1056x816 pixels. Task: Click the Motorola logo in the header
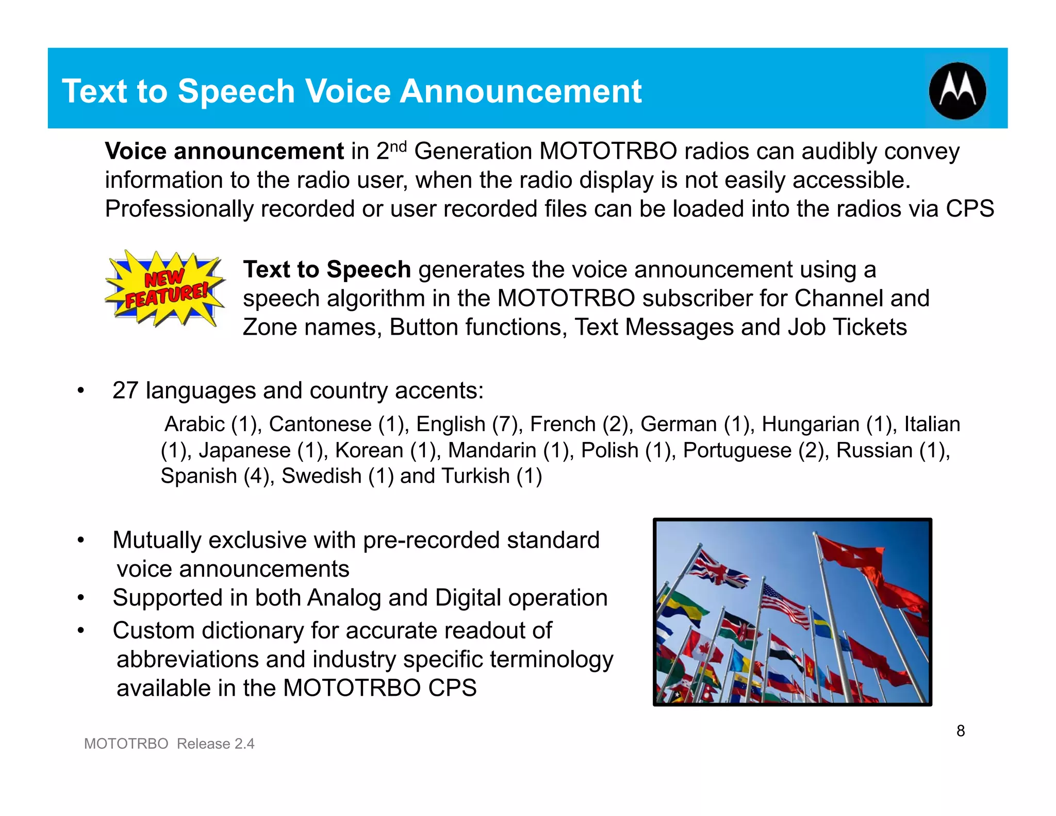(957, 91)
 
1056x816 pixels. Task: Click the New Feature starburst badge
(164, 289)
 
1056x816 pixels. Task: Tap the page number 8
(960, 730)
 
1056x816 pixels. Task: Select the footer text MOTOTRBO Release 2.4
(169, 743)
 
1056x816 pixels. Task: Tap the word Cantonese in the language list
(320, 424)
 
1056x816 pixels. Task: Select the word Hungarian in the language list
(810, 424)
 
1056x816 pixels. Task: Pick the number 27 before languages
(125, 390)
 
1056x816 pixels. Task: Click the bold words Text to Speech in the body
(327, 269)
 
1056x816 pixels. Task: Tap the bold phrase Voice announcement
(224, 151)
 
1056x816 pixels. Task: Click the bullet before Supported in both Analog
(80, 598)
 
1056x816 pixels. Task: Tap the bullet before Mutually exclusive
(80, 541)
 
